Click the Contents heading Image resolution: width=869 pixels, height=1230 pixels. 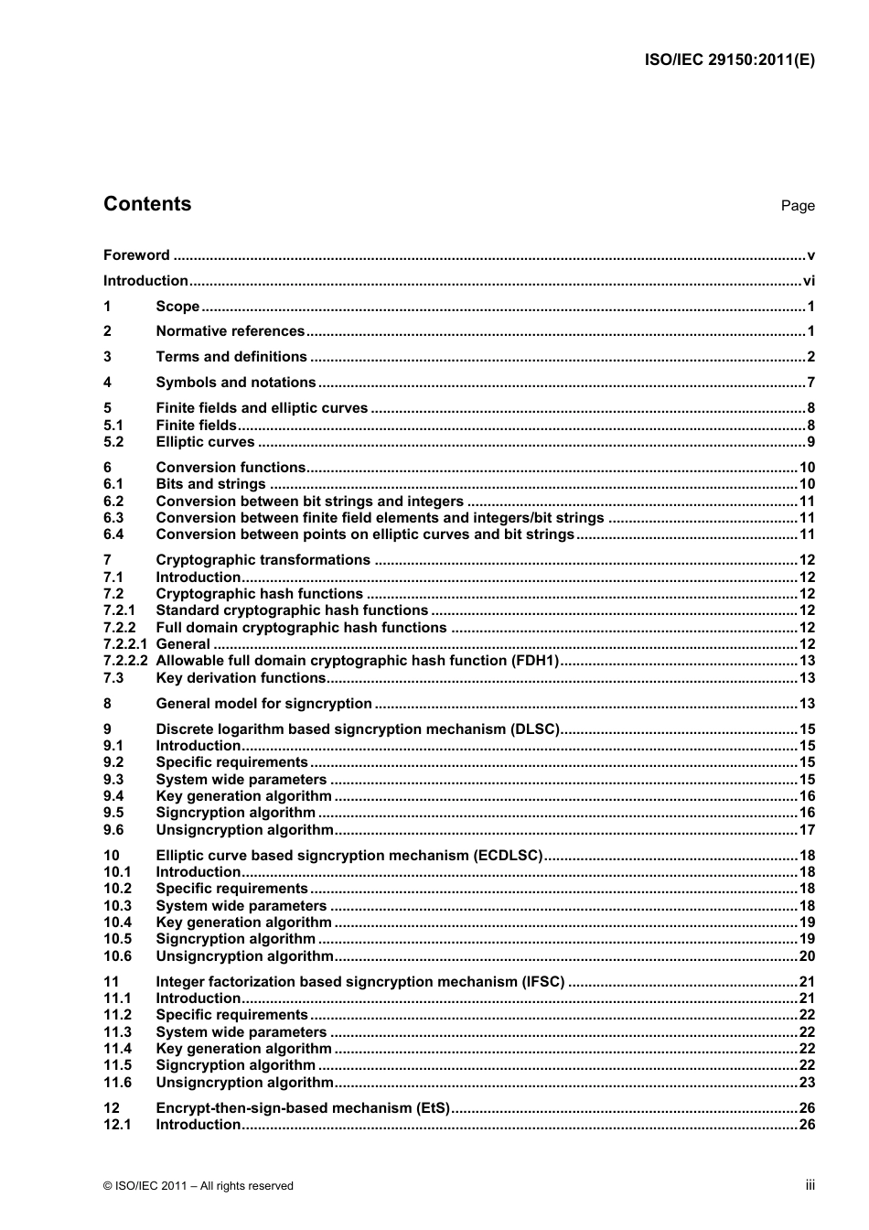pyautogui.click(x=147, y=204)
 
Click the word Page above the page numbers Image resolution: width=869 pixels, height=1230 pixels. pyautogui.click(x=797, y=206)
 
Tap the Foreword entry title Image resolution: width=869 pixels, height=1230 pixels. pyautogui.click(x=136, y=255)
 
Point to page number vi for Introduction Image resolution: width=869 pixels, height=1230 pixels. pyautogui.click(x=808, y=281)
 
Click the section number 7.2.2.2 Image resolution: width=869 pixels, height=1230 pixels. pyautogui.click(x=125, y=661)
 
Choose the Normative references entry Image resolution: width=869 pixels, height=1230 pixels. pyautogui.click(x=230, y=331)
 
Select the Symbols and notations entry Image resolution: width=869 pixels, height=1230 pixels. pyautogui.click(x=235, y=383)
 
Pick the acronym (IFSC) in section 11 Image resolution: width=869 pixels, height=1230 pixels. pyautogui.click(x=542, y=982)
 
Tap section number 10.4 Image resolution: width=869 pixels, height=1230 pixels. pyautogui.click(x=117, y=922)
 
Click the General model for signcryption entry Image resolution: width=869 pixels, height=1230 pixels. pyautogui.click(x=263, y=704)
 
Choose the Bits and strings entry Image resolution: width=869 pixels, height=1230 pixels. pyautogui.click(x=210, y=484)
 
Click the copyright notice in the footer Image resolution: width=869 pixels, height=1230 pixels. pyautogui.click(x=198, y=1186)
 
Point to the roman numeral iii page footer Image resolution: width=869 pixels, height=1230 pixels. pyautogui.click(x=810, y=1185)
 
